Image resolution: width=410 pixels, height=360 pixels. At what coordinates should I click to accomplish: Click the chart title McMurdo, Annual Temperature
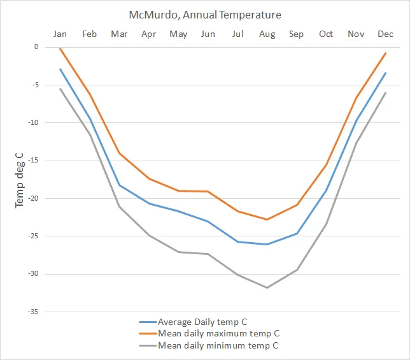tap(205, 14)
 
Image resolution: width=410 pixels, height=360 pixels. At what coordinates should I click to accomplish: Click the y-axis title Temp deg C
tap(19, 179)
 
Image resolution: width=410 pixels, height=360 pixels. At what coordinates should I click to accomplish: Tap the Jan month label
tap(60, 34)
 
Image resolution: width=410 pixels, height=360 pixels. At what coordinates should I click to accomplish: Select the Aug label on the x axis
tap(267, 34)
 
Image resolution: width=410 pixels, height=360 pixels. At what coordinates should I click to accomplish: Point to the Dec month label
tap(385, 34)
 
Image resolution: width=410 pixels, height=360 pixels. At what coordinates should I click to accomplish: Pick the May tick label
tap(178, 34)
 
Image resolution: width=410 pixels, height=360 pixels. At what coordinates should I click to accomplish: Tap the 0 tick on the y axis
tap(36, 47)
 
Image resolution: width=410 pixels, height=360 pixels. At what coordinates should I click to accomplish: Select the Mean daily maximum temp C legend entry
tap(218, 333)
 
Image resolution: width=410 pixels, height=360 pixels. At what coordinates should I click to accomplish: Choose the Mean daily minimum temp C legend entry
tap(218, 345)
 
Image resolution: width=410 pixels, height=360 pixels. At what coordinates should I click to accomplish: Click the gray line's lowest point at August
tap(267, 288)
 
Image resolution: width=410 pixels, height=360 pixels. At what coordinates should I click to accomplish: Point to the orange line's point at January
tap(60, 48)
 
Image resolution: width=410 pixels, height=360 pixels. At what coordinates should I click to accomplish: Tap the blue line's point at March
tap(120, 185)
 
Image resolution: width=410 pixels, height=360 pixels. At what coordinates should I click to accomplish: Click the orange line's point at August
tap(267, 220)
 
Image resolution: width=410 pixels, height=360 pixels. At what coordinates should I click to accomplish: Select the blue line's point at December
tap(385, 73)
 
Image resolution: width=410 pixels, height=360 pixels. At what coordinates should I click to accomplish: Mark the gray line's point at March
tap(120, 206)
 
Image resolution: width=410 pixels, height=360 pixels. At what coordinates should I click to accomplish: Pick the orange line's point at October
tap(326, 165)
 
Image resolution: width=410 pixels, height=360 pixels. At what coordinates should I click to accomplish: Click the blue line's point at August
tap(267, 244)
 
